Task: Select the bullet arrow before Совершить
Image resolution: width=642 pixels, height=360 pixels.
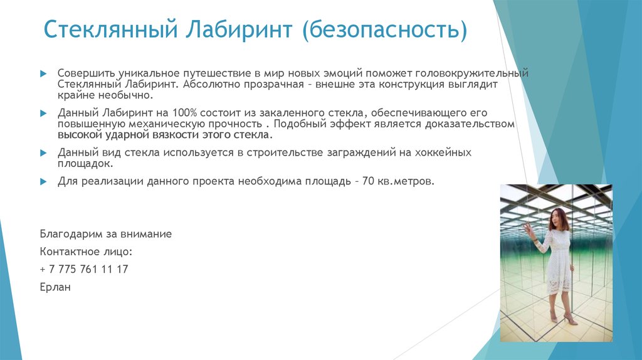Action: [43, 73]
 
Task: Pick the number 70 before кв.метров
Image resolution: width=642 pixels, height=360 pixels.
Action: [368, 181]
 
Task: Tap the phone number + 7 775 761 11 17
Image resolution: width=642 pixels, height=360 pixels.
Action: [83, 269]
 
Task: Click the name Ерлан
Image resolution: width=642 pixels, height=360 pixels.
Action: [55, 287]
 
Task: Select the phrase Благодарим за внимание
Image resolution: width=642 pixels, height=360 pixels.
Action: [105, 234]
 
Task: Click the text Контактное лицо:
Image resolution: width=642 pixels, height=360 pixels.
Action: [86, 251]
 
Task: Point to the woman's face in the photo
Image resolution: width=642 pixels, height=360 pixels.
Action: [556, 218]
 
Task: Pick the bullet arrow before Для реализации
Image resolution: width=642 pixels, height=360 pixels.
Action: [43, 181]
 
